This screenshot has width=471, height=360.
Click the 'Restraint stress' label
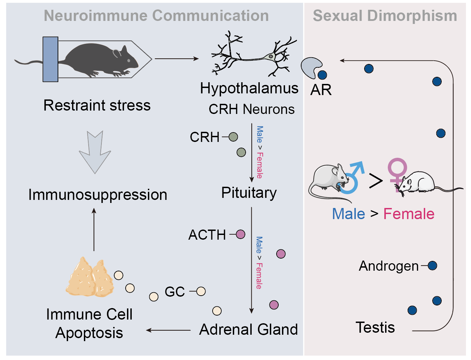click(97, 106)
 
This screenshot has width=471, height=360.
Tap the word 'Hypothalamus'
click(249, 89)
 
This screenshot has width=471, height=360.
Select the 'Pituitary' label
click(249, 193)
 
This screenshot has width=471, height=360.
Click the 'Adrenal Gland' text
click(248, 329)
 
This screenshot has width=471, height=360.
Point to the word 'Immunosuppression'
click(97, 195)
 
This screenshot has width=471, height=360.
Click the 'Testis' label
click(375, 327)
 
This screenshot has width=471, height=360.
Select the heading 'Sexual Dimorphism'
click(385, 16)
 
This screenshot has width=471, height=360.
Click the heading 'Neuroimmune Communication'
click(156, 16)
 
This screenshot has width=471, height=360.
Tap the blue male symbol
click(352, 177)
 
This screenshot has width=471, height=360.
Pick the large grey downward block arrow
click(95, 152)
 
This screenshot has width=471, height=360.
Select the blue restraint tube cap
click(50, 59)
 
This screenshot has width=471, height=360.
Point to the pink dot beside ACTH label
click(241, 234)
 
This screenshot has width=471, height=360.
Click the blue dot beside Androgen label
click(432, 266)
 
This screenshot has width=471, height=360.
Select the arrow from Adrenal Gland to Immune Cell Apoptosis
click(168, 330)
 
